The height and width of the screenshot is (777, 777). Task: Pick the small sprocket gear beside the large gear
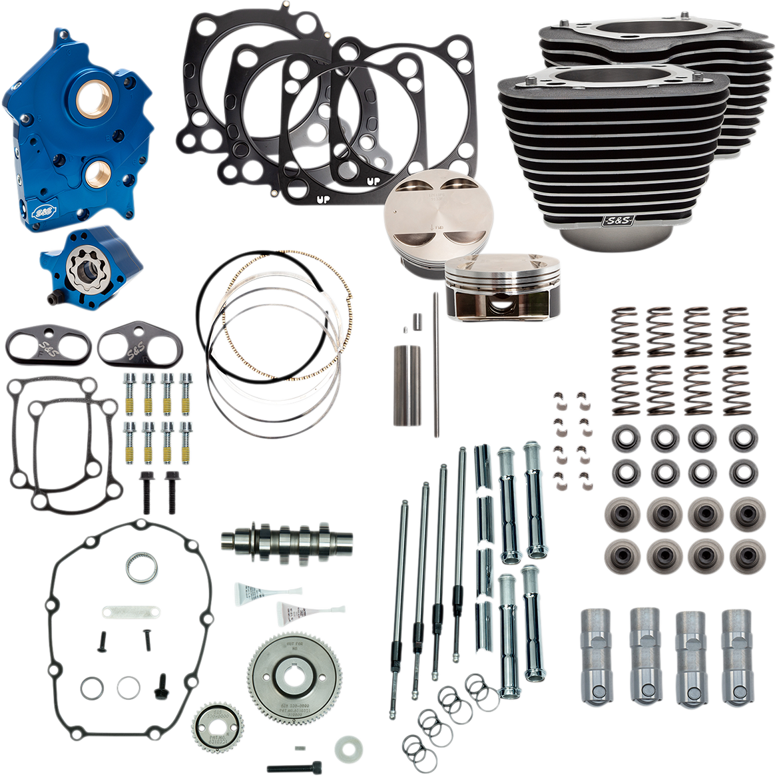pos(215,726)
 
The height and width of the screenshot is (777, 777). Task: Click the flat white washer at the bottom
pos(346,746)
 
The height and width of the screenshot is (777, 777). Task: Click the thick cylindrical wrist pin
pos(407,386)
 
